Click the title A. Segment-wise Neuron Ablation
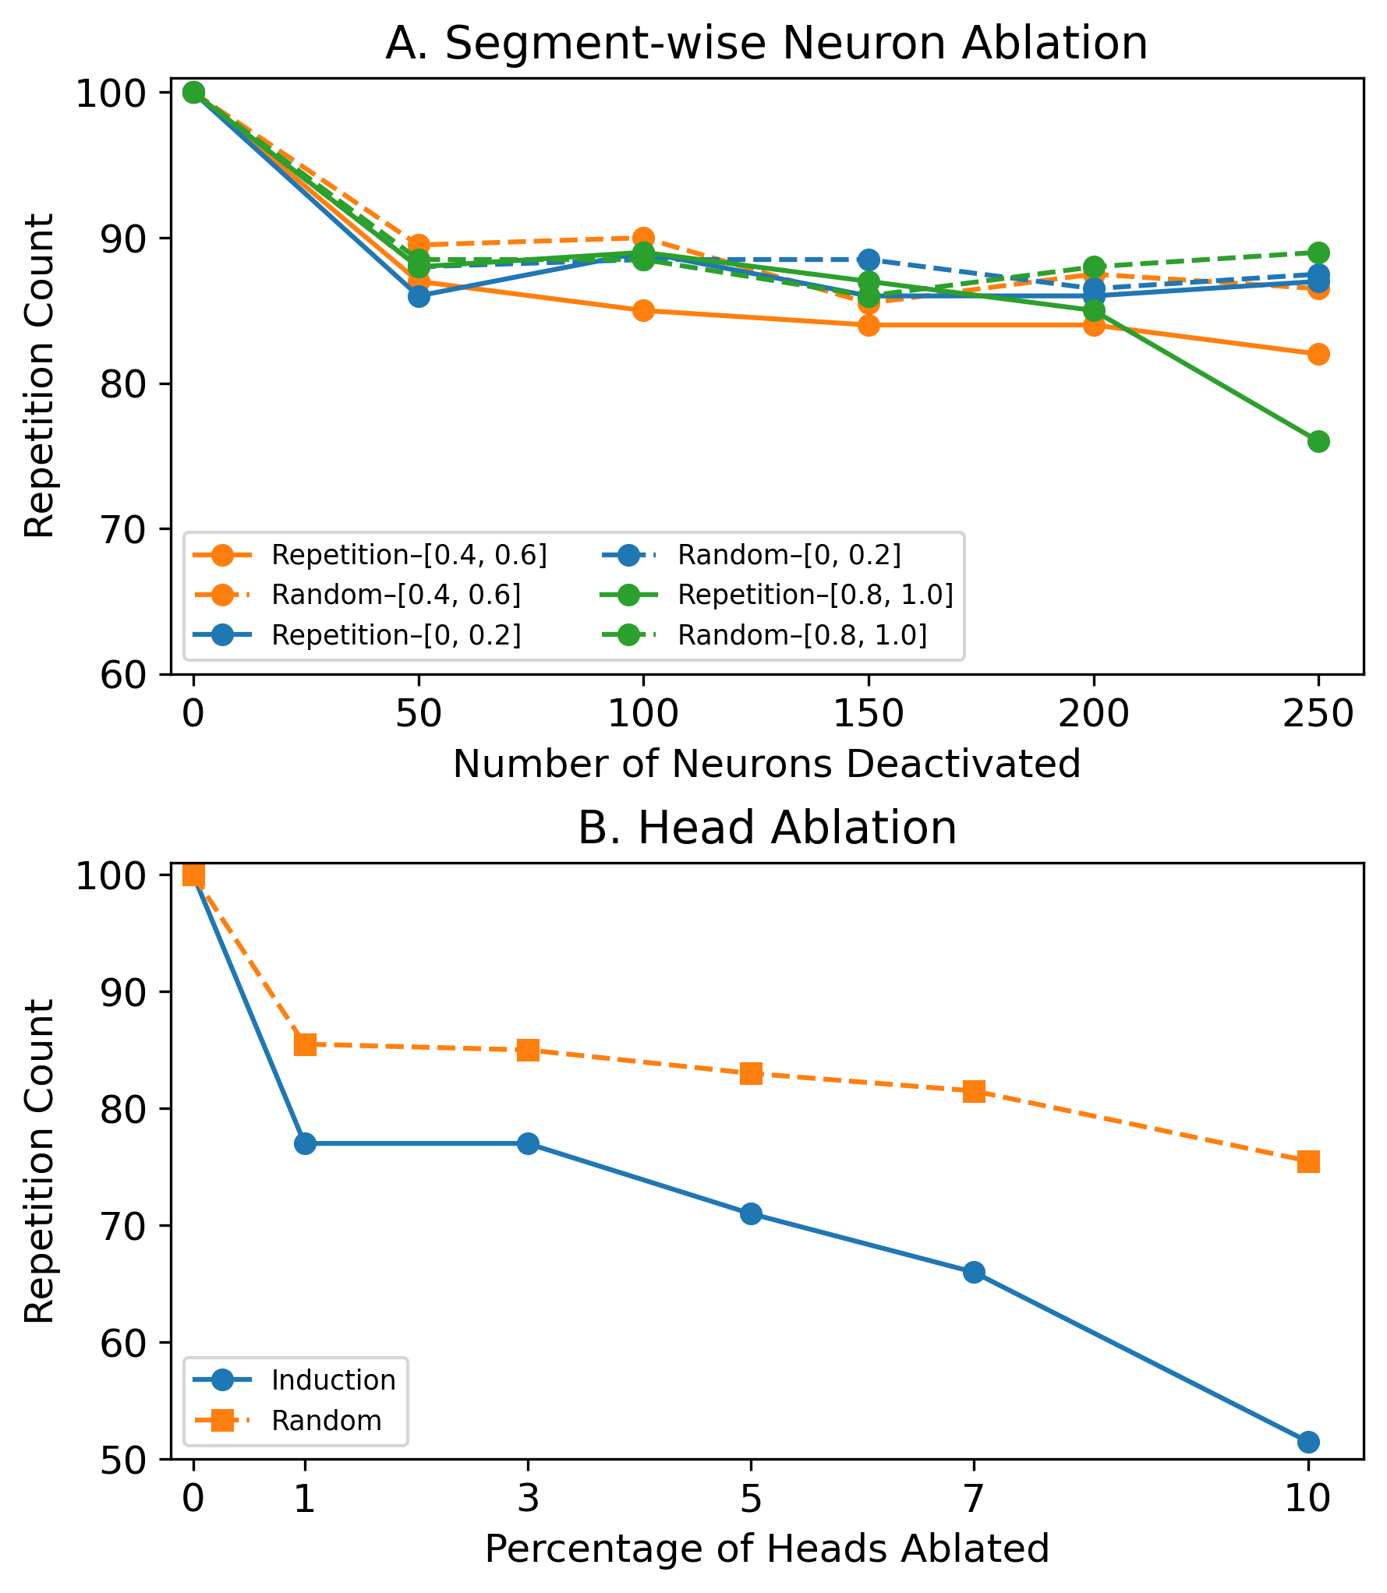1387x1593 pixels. [766, 44]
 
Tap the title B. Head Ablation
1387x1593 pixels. [766, 828]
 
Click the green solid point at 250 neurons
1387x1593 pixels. [1318, 442]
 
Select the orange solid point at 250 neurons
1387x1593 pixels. [1318, 355]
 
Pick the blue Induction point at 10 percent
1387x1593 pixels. [1308, 1442]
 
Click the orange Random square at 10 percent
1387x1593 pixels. [1308, 1162]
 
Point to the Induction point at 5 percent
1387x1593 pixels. [751, 1213]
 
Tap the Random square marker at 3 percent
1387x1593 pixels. [528, 1050]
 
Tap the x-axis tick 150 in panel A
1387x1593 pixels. [869, 714]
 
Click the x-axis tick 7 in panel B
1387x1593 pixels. [974, 1498]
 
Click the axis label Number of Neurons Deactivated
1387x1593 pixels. [766, 765]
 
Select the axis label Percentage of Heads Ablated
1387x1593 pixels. [766, 1549]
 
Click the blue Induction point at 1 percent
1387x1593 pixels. [305, 1143]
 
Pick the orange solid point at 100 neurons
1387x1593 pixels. [643, 311]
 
